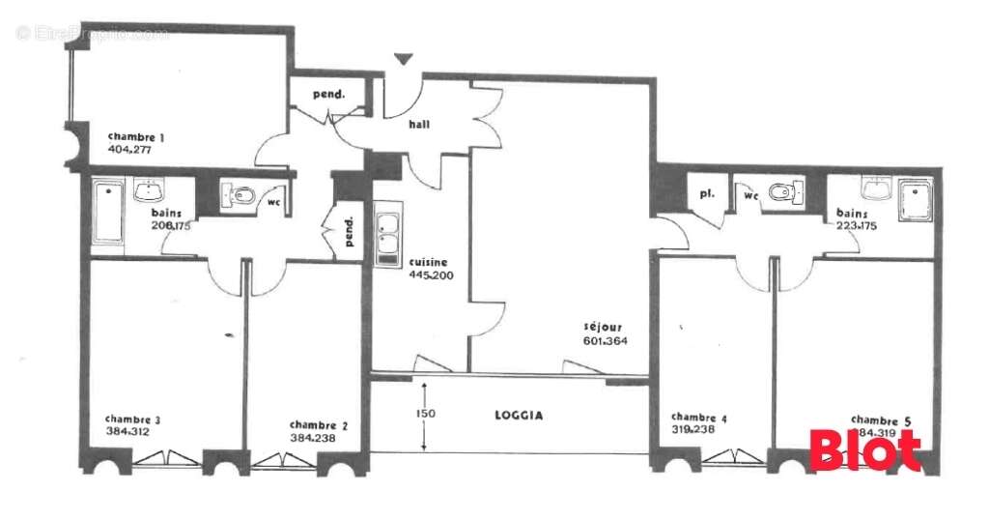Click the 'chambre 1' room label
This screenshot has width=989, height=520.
click(135, 137)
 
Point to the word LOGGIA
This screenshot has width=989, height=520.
click(519, 416)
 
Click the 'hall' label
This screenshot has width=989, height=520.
click(419, 125)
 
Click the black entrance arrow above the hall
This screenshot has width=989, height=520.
click(404, 60)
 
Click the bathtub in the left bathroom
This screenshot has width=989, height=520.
click(108, 212)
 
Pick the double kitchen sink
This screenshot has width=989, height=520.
click(386, 238)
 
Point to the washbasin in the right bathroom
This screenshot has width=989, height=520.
click(876, 188)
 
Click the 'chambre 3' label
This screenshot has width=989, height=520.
click(132, 419)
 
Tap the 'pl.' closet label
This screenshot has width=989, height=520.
click(706, 193)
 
